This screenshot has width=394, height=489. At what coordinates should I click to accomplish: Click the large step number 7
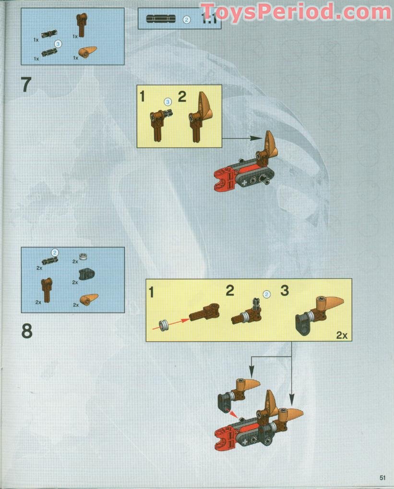point(26,84)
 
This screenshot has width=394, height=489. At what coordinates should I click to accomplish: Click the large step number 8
point(27,331)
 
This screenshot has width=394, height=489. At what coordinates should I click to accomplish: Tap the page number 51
point(382,477)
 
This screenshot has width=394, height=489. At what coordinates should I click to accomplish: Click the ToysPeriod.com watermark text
point(295,11)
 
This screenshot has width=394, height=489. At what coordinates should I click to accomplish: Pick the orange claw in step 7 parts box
point(88,52)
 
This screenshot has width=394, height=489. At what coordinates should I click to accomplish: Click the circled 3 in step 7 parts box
point(58,43)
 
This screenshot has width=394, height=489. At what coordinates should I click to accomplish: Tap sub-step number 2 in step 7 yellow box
point(182,96)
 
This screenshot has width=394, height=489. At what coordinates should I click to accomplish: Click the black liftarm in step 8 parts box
point(86,274)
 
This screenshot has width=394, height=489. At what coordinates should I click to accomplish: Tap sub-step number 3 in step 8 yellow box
point(285,291)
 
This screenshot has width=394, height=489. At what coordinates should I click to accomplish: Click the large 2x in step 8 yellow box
point(341,335)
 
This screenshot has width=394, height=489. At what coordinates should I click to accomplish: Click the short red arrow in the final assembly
point(233,413)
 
